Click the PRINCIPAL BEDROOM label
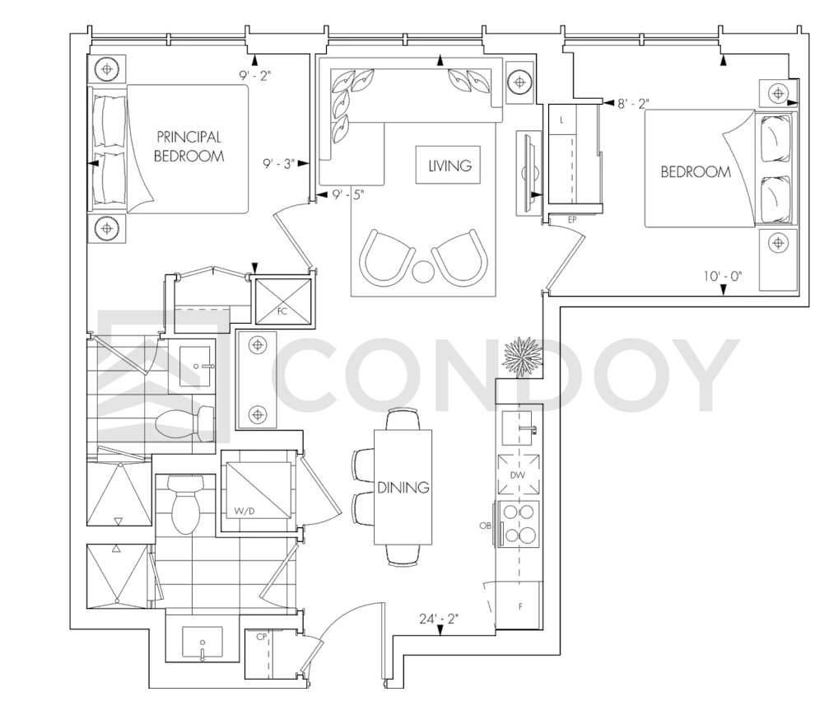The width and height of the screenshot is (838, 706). click(189, 147)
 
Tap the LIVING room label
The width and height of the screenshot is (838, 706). click(450, 166)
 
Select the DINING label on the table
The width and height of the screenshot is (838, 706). click(403, 487)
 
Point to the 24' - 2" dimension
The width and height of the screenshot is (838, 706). click(439, 619)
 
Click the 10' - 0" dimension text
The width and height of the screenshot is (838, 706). click(723, 277)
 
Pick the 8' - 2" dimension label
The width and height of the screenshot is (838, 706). click(633, 103)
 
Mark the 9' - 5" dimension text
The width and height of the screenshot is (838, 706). click(348, 194)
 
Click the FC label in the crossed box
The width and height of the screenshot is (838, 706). click(282, 311)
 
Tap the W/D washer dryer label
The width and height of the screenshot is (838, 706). click(244, 512)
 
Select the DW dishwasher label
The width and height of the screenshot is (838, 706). click(517, 475)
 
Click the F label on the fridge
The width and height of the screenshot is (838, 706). click(520, 606)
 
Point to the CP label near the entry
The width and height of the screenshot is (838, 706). click(262, 637)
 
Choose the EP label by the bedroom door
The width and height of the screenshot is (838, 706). click(572, 219)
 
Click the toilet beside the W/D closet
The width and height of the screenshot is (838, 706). click(186, 504)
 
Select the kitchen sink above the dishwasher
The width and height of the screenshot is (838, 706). click(517, 428)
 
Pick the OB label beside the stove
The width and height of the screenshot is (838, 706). click(486, 526)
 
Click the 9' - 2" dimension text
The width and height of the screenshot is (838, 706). click(255, 76)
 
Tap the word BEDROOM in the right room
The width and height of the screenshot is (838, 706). click(696, 171)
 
